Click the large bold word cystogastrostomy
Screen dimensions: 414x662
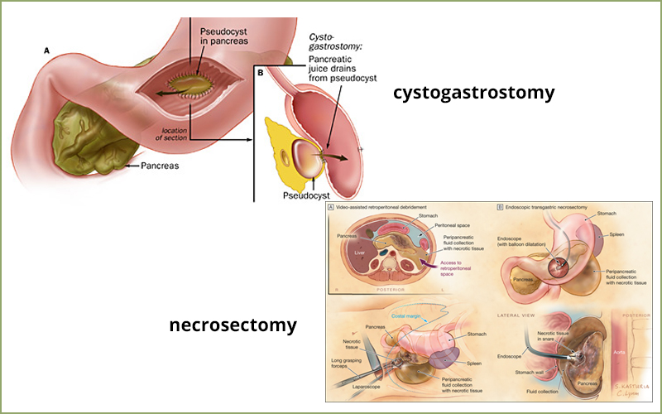coord(474,93)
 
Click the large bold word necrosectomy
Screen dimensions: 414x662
coord(233,325)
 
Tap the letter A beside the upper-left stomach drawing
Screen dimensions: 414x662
coord(46,51)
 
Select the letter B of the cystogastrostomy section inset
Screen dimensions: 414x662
coord(261,72)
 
